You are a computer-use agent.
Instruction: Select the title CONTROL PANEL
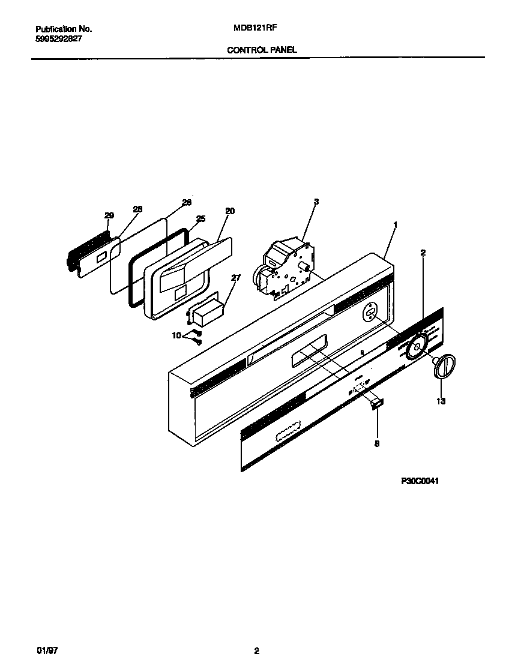click(262, 50)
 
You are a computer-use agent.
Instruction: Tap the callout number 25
click(200, 219)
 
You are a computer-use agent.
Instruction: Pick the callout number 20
click(229, 211)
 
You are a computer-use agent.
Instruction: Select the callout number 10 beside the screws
click(176, 336)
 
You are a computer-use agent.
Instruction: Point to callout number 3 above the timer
click(316, 202)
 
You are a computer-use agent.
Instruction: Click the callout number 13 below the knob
click(441, 401)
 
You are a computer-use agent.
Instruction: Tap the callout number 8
click(376, 444)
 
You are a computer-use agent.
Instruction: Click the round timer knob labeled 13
click(444, 366)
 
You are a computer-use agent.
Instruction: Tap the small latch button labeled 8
click(376, 405)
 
